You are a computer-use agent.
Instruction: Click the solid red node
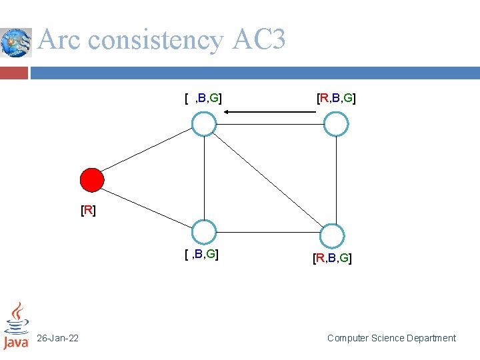pos(92,180)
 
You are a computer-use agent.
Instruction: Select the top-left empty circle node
pos(204,124)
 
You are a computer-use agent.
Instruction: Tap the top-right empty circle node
pos(336,124)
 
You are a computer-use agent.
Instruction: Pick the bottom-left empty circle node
pos(204,232)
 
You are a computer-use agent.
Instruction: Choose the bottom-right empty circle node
pos(331,236)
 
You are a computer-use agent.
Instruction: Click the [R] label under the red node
pos(88,211)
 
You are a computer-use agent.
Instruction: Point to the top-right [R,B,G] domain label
pos(336,99)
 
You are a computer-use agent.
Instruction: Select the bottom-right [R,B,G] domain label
pos(332,258)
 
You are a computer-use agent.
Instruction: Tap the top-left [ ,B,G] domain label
pos(203,99)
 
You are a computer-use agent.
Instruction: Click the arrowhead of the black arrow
pos(227,112)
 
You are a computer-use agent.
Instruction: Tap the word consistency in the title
pos(156,41)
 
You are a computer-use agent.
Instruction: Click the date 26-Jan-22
pos(57,339)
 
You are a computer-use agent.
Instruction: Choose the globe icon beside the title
pos(16,43)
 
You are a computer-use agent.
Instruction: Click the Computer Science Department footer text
pos(391,339)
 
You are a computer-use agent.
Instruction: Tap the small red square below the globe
pos(14,72)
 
